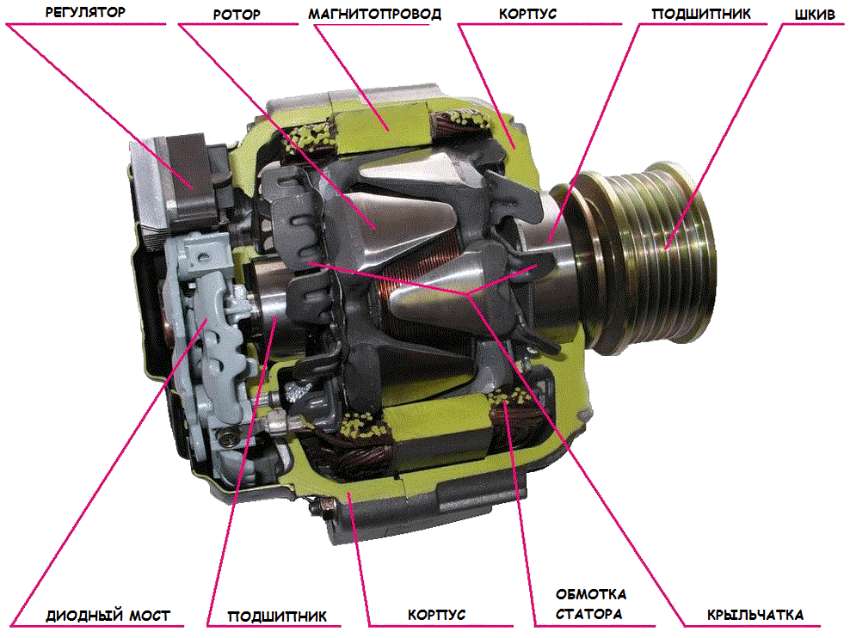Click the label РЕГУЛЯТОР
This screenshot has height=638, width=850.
tap(85, 12)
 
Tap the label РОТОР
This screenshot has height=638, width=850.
tap(237, 15)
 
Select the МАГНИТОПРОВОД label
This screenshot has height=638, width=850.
tap(374, 14)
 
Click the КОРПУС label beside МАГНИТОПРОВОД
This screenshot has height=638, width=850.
tap(527, 14)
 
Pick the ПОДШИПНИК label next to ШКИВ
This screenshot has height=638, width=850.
tap(701, 14)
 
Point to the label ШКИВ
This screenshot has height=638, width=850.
tap(815, 15)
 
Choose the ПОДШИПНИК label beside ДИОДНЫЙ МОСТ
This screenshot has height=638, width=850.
tap(277, 617)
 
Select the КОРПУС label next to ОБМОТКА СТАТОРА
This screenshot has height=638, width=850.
tap(436, 615)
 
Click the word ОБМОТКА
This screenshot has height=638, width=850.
tap(591, 594)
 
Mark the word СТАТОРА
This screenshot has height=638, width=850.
tap(588, 614)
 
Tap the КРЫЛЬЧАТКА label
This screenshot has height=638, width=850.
tap(755, 615)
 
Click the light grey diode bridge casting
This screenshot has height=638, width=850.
tap(209, 347)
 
